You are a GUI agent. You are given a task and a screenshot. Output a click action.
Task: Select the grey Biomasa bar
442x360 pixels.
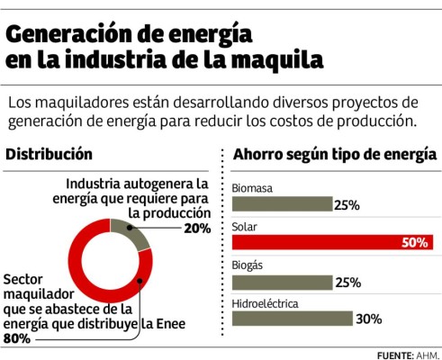tap(282, 204)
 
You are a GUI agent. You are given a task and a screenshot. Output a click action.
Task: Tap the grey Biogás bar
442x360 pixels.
tap(282, 282)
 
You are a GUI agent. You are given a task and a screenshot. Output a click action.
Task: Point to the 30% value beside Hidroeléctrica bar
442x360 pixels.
tap(369, 319)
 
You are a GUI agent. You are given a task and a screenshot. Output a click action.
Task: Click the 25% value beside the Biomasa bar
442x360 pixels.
tap(347, 205)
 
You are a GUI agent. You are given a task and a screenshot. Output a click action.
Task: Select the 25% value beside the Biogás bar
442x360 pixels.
tap(347, 283)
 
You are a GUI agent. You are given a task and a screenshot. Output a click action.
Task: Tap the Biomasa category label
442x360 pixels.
tap(253, 187)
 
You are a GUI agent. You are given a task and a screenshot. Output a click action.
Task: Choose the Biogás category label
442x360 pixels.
tap(249, 265)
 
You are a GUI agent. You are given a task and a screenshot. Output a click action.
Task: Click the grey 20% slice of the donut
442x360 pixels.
tap(135, 234)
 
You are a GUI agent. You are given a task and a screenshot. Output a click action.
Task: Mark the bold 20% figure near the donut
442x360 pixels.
tap(197, 229)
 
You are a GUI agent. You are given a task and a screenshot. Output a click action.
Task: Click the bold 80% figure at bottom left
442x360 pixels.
tap(17, 339)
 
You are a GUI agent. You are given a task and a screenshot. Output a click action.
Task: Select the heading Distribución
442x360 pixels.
tap(49, 155)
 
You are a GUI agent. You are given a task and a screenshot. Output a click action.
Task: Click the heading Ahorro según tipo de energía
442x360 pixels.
tap(335, 155)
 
